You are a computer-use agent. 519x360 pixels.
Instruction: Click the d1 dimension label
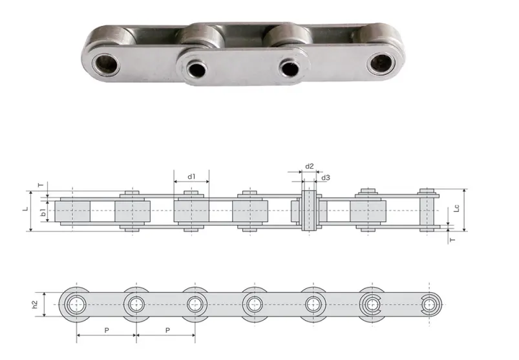(191, 176)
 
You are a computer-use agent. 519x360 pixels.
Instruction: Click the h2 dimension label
(36, 301)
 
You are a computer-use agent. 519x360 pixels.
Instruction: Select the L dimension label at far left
(25, 209)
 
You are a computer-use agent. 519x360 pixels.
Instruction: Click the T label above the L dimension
(40, 185)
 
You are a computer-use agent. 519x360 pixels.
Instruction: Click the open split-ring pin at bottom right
(429, 302)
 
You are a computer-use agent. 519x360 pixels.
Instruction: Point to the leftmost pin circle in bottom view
(77, 302)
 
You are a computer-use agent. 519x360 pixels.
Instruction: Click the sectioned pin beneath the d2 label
(310, 210)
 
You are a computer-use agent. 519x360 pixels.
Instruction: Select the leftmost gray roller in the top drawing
(72, 211)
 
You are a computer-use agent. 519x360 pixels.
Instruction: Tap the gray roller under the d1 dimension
(191, 211)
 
